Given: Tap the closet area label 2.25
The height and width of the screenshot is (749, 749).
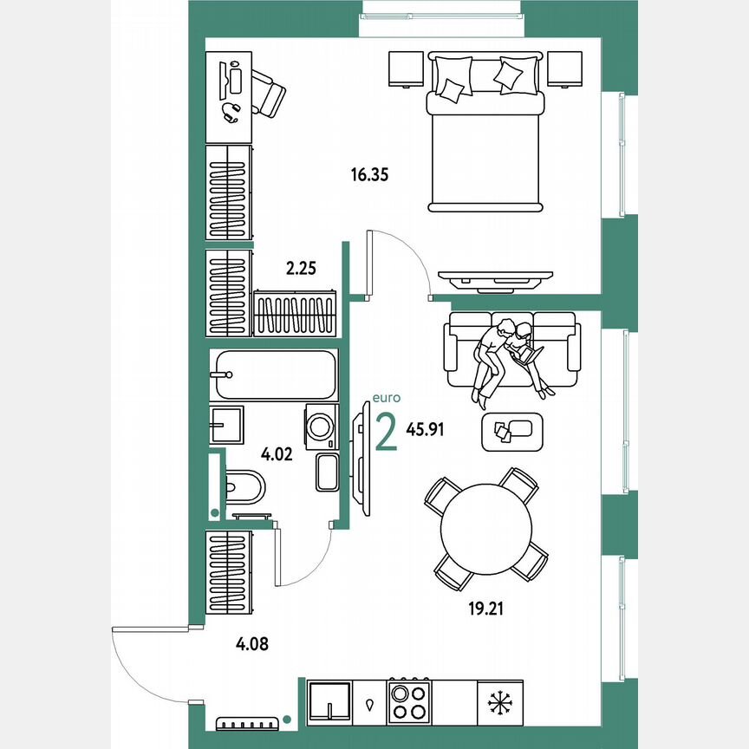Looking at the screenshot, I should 301,269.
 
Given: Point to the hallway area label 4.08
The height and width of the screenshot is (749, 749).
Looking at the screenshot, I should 251,643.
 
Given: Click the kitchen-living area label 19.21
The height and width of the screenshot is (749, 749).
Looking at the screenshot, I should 485,609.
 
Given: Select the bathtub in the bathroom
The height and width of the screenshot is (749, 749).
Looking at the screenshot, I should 273,374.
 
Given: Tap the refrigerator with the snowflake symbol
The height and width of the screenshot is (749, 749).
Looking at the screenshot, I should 500,701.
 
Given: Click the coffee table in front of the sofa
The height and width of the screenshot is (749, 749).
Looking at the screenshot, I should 511,432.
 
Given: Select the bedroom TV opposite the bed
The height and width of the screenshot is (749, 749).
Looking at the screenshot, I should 495,277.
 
